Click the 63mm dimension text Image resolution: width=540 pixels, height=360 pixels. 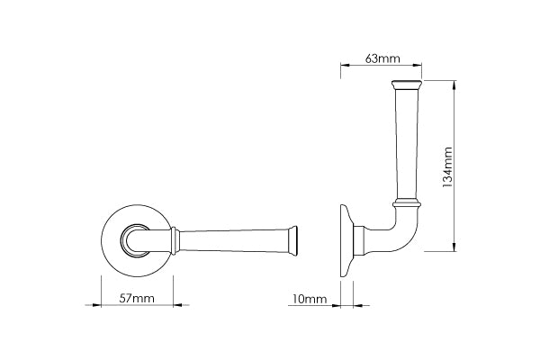click(382, 58)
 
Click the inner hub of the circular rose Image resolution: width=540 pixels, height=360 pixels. click(138, 240)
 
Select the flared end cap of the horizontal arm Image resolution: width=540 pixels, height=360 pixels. click(292, 240)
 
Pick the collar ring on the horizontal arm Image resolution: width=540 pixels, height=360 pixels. click(173, 240)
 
